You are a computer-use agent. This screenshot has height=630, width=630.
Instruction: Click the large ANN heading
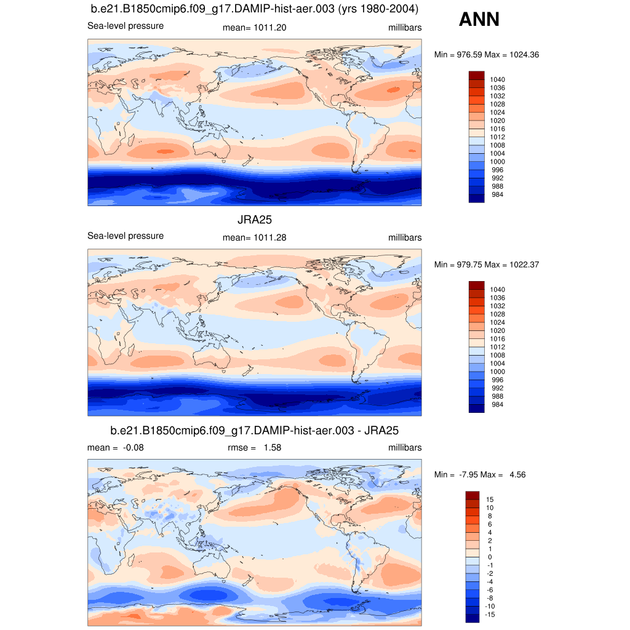pos(479,20)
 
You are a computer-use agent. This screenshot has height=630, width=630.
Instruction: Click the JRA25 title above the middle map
pos(255,219)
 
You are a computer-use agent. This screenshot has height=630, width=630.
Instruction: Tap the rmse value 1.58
pos(272,447)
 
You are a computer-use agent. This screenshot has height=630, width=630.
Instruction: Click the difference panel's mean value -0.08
pos(133,447)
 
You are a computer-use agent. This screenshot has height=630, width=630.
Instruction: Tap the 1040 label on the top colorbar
pos(497,79)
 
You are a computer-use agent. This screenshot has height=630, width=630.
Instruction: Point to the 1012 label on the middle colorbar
pos(497,347)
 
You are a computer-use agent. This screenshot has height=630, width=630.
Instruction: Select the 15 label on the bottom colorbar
pos(490,499)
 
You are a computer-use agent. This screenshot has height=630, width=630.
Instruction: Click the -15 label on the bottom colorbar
pos(491,614)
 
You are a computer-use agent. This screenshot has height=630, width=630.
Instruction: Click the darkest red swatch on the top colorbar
pos(477,75)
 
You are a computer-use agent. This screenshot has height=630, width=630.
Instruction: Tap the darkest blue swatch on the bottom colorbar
pos(472,618)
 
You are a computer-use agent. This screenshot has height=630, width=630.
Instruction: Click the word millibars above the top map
pos(405,28)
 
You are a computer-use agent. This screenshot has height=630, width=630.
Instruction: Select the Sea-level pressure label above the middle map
pos(126,236)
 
